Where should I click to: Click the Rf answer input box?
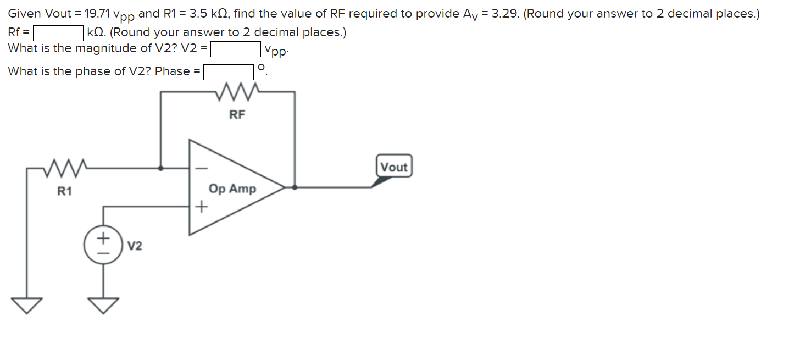coord(58,34)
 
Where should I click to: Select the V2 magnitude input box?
coord(236,49)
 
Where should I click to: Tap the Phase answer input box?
coord(229,72)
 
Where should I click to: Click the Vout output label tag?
coord(393,167)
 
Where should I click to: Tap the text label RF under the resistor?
coord(237,115)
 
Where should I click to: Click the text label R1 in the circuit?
coord(65,192)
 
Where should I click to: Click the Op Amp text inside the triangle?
coord(232,189)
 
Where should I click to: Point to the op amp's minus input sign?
coord(202,167)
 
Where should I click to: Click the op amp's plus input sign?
coord(202,207)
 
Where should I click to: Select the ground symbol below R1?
coord(26,304)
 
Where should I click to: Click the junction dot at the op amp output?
coord(295,187)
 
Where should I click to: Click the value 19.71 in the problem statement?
coord(97,14)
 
